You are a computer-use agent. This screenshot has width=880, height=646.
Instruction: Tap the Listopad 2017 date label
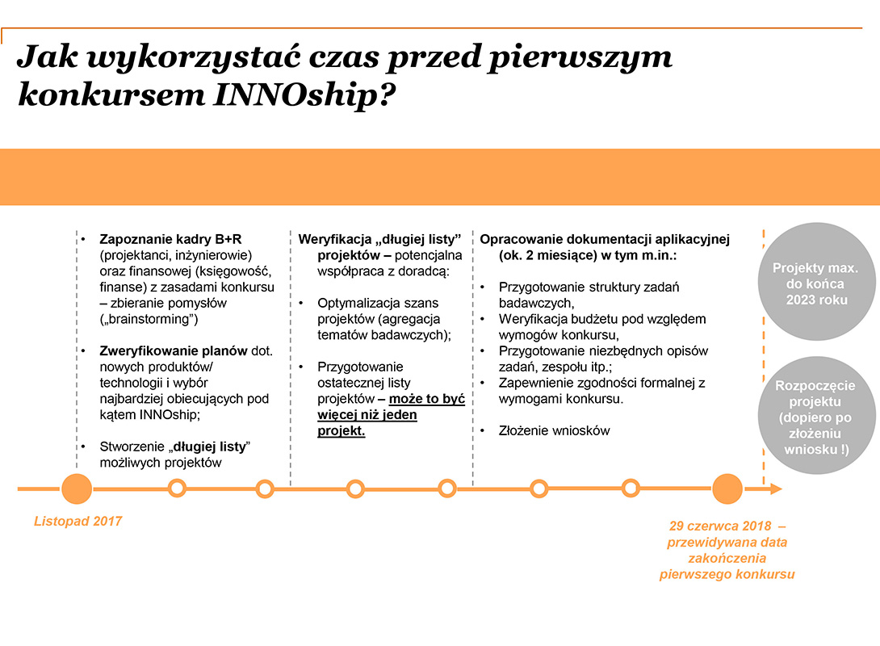[78, 521]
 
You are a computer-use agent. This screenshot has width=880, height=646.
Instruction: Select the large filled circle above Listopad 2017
[77, 489]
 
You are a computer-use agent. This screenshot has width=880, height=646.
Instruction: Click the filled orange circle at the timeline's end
[727, 489]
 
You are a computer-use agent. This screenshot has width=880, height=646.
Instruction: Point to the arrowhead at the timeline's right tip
[776, 489]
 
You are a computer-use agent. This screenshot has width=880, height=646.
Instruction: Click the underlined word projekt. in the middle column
[342, 430]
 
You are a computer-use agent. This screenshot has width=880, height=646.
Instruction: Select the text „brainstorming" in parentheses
[149, 319]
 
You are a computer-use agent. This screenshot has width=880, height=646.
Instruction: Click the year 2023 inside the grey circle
[805, 299]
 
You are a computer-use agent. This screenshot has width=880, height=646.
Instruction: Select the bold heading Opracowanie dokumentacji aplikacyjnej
[605, 239]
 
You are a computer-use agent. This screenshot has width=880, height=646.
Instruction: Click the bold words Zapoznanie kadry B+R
[170, 239]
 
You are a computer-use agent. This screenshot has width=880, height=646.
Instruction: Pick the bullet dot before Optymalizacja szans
[301, 303]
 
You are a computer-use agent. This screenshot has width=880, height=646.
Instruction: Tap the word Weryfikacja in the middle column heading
[331, 239]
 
